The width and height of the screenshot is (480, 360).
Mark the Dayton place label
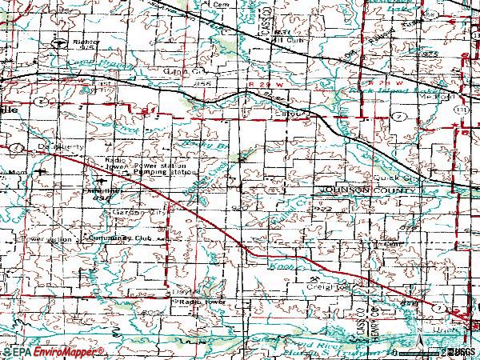pyautogui.click(x=184, y=292)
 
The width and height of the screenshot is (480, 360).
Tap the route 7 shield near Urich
pyautogui.click(x=438, y=307)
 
